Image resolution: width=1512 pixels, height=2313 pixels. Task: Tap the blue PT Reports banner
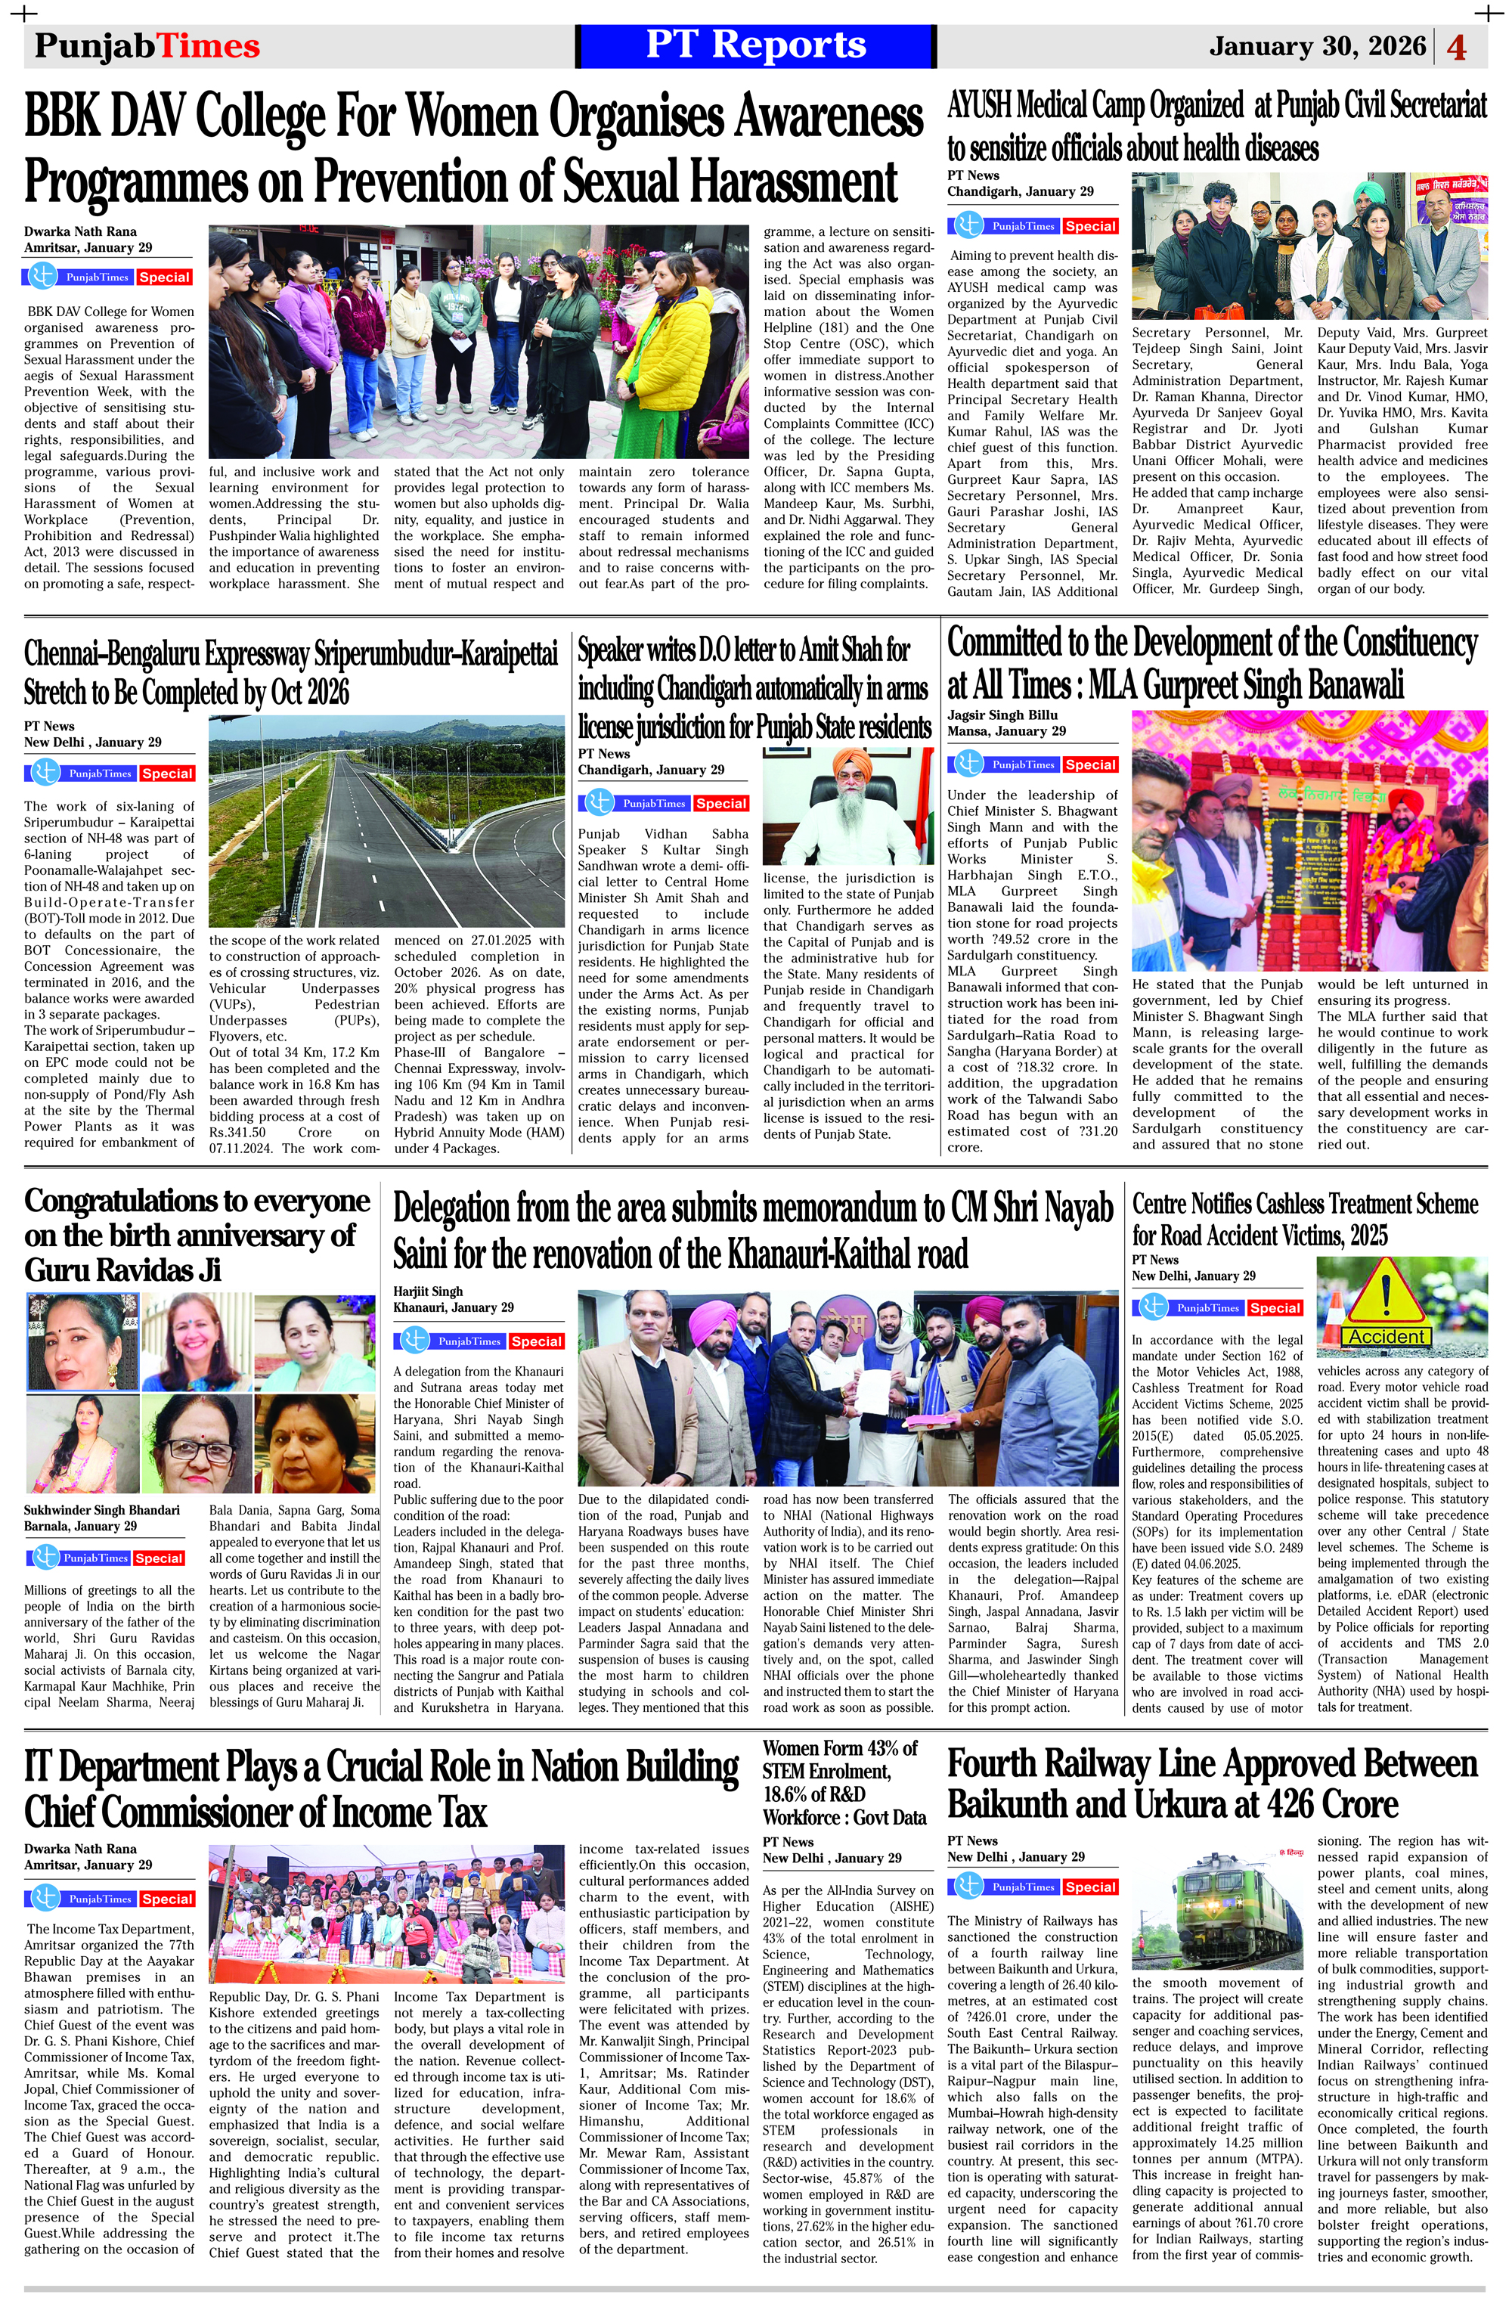755,45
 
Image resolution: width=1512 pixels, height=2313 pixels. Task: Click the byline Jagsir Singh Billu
1002,715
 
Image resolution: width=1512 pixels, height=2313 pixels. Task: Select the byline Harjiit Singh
428,1291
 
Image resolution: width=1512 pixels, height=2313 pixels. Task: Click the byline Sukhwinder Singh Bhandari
102,1510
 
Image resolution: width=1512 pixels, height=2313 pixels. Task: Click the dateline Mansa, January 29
1005,731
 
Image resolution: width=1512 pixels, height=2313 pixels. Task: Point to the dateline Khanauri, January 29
453,1307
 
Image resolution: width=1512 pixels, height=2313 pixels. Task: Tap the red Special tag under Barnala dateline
159,1558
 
